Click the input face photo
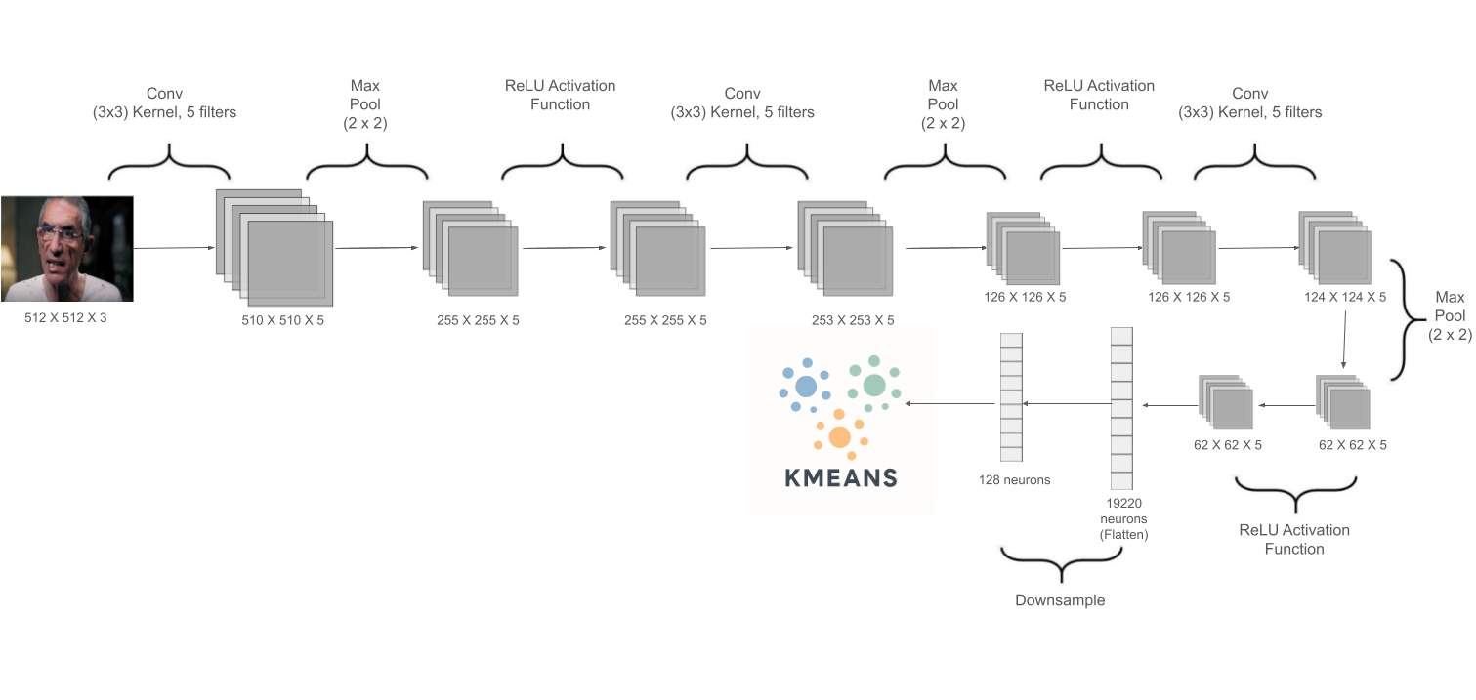pos(66,249)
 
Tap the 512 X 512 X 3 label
pos(66,317)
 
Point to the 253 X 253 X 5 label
pos(852,320)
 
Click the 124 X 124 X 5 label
pos(1345,297)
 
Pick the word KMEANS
pos(841,477)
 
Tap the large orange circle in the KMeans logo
pos(839,436)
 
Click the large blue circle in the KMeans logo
pos(806,386)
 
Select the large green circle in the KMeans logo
pos(873,386)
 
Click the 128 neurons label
pos(1014,479)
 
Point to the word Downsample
pos(1060,600)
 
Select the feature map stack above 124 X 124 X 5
pos(1334,244)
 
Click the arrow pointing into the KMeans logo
pos(952,401)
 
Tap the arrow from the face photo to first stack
pos(173,249)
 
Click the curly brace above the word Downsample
pos(1060,562)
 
